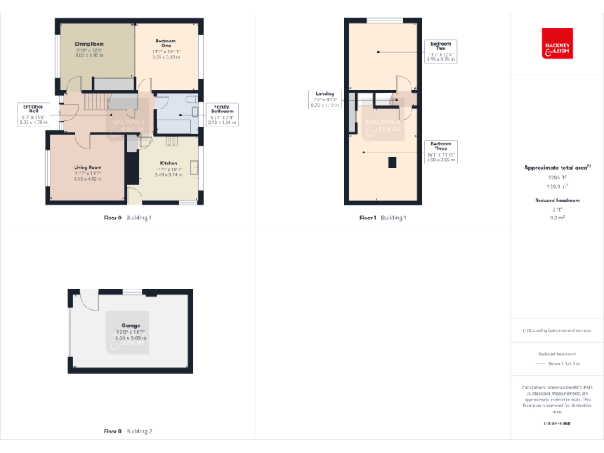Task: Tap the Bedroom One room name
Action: coord(165,45)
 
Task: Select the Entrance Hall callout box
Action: coord(35,114)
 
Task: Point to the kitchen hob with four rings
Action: coord(170,142)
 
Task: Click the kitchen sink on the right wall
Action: coord(193,167)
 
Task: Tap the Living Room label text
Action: coord(88,168)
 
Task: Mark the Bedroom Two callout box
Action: coord(440,51)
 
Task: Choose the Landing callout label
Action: coord(324,98)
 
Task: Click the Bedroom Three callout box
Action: coord(440,152)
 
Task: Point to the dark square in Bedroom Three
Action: coord(391,163)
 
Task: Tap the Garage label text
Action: coord(131,325)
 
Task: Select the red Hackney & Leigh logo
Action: coord(557,44)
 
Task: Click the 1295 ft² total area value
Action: coord(557,178)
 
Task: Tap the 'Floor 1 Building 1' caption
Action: coord(382,218)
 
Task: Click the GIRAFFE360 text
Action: coord(557,424)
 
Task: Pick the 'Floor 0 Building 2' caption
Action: coord(127,431)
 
